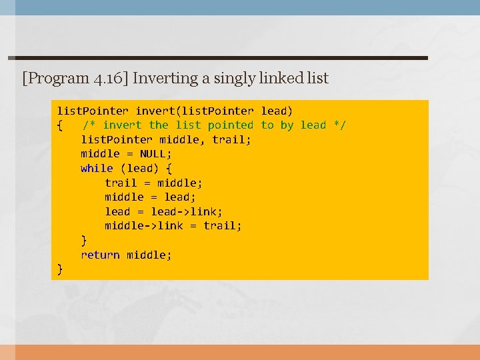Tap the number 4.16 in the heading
click(108, 79)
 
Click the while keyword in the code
click(97, 168)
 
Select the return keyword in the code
click(100, 255)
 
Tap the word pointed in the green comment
click(231, 125)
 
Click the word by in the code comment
click(287, 125)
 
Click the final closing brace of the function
click(60, 269)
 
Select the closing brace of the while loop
click(84, 240)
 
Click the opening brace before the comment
click(60, 125)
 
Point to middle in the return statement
click(149, 255)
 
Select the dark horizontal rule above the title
click(217, 58)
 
